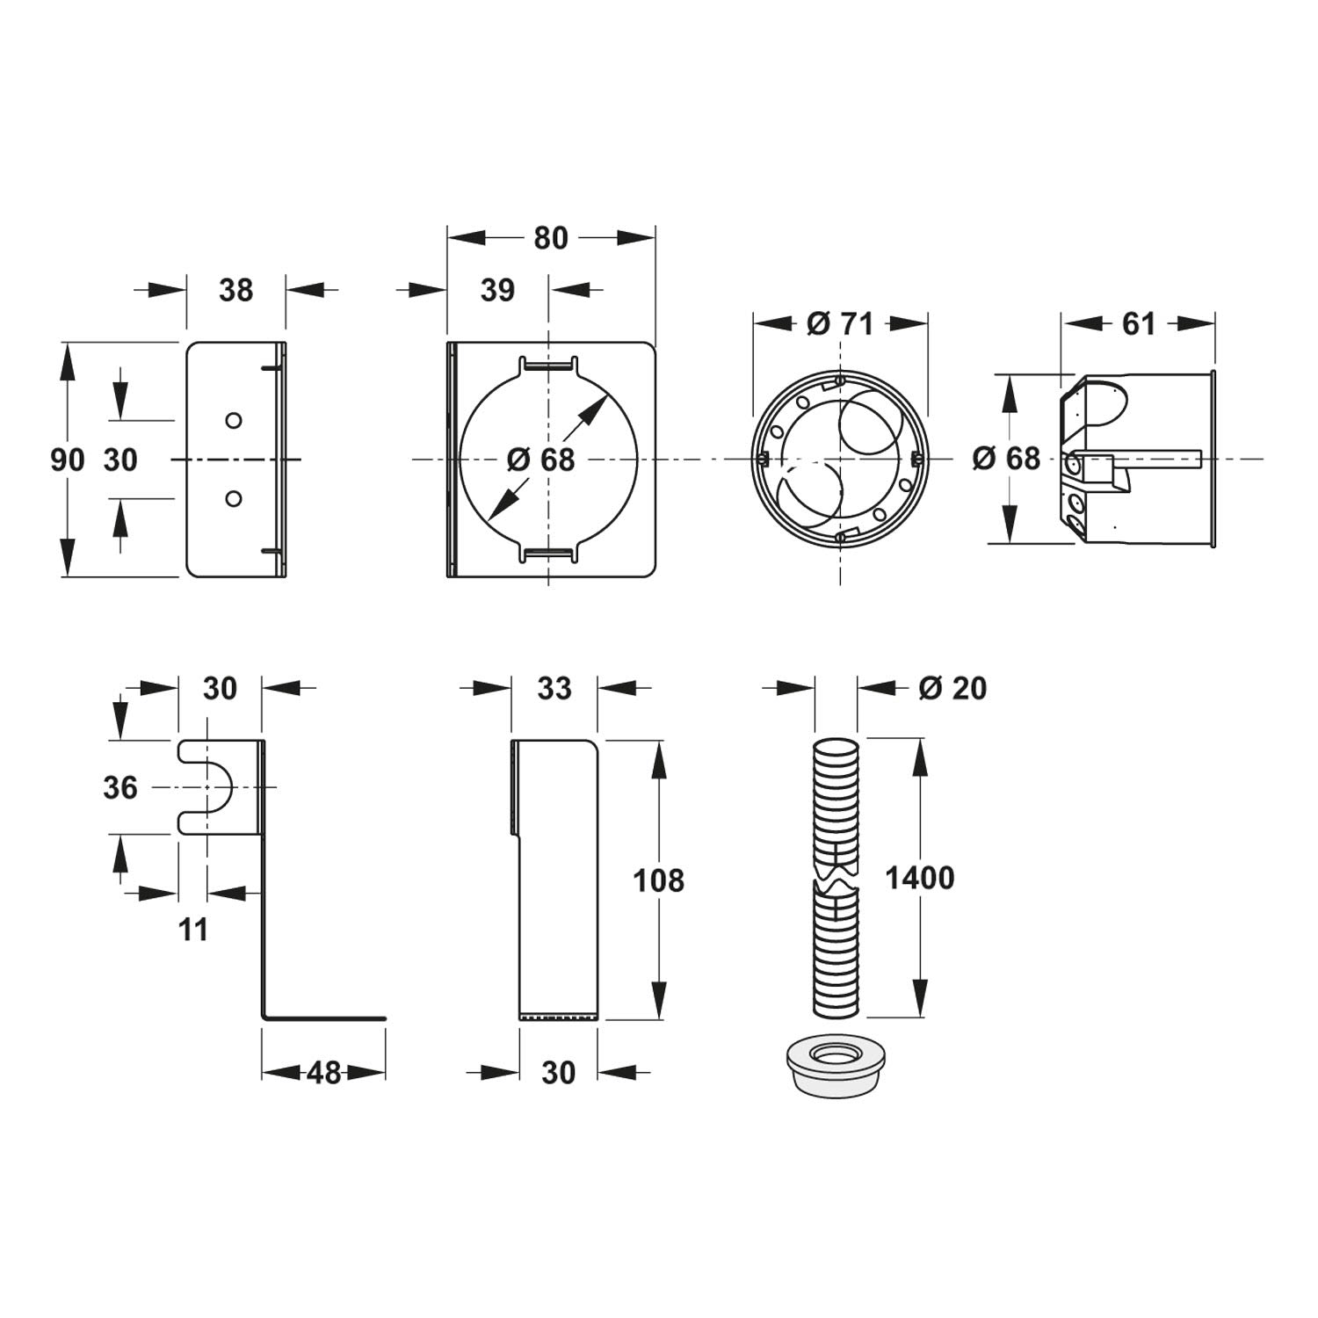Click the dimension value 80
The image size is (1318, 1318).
coord(551,238)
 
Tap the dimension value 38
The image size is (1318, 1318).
coord(235,290)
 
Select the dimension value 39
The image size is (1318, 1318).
coord(497,290)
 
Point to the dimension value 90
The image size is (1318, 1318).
coord(67,459)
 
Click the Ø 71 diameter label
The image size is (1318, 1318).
coord(840,323)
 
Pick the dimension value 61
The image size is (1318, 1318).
coord(1139,323)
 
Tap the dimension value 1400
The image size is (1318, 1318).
coord(920,878)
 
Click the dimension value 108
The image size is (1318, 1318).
coord(659,880)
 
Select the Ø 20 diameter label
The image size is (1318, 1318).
coord(952,688)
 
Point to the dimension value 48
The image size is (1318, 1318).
coord(324,1072)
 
